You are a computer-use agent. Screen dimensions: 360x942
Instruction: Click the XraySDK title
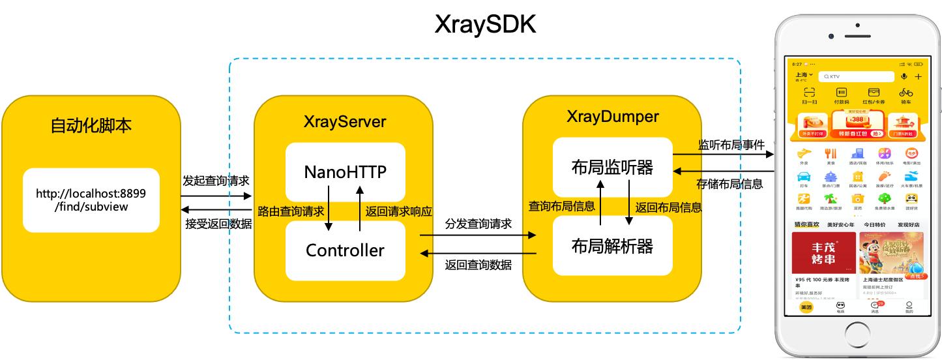point(486,25)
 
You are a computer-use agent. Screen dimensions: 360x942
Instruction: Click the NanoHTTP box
point(345,172)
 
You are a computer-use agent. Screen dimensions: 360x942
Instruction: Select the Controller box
point(345,250)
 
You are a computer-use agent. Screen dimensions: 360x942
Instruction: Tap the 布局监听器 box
point(611,167)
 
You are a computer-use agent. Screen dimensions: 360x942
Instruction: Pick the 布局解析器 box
point(611,246)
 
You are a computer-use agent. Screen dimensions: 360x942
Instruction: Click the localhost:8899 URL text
point(91,200)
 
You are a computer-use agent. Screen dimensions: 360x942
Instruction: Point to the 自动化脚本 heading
point(91,125)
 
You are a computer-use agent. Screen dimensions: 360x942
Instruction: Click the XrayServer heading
point(345,122)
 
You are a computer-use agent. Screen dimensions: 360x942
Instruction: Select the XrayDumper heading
point(611,117)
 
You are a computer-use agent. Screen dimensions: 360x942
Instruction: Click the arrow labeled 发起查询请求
point(216,195)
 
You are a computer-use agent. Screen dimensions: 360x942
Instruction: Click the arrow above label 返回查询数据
point(477,254)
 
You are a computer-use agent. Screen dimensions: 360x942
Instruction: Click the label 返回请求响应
point(398,211)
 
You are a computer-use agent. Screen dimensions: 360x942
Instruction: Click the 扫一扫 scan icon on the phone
point(809,96)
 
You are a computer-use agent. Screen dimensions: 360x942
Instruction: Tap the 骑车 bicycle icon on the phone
point(905,96)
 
